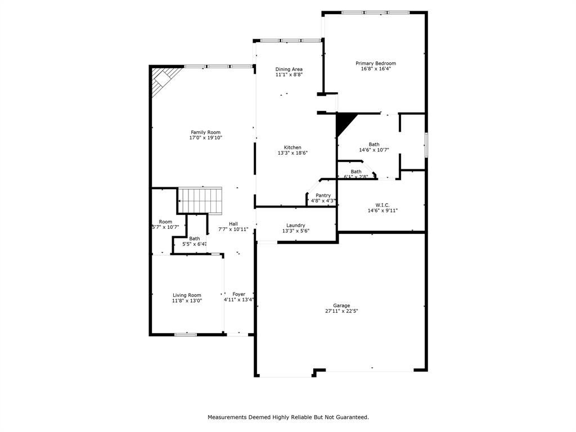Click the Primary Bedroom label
coord(375,64)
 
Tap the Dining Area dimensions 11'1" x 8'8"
coord(289,75)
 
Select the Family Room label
coord(205,132)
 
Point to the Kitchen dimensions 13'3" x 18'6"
coord(292,153)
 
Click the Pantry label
coord(323,195)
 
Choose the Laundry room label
coord(295,225)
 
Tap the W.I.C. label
coord(382,205)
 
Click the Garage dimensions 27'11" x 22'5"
coord(341,311)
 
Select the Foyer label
coord(239,294)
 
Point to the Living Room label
coord(187,295)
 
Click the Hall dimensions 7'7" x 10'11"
coord(233,229)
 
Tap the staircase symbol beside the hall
coord(200,198)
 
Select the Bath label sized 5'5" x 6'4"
coord(195,238)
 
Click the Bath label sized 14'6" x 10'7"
coord(374,144)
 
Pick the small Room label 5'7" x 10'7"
coord(165,222)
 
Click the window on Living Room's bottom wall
coord(186,335)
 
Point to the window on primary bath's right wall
coord(426,145)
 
